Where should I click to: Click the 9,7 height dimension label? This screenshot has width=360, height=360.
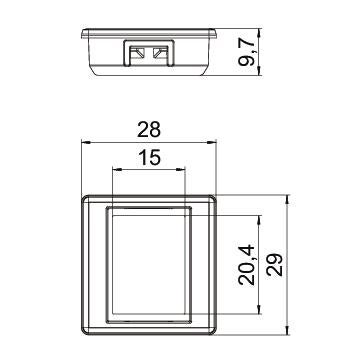[247, 52]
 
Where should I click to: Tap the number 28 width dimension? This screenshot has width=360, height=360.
[149, 130]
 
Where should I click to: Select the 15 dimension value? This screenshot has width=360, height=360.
[150, 157]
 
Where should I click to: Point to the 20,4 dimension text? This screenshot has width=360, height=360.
[247, 265]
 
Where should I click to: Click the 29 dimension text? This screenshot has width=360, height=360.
[274, 265]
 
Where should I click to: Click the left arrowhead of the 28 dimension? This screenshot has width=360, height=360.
[86, 142]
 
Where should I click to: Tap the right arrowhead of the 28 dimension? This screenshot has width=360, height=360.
[212, 142]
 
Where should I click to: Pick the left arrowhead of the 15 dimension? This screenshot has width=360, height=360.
[118, 170]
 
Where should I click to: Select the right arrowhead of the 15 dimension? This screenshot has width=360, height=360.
[180, 170]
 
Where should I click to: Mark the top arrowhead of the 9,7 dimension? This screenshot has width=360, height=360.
[259, 33]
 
